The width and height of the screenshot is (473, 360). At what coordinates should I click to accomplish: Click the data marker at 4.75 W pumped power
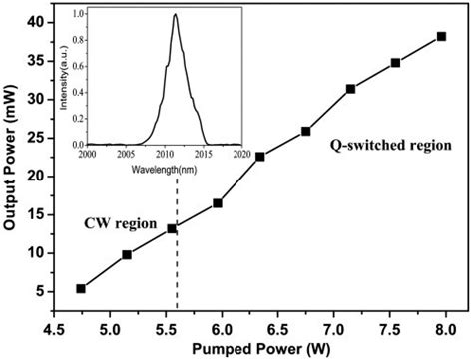(x=81, y=289)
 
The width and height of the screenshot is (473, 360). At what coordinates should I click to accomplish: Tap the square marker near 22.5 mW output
(x=260, y=157)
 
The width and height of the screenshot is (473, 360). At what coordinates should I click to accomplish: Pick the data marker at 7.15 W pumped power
(x=351, y=89)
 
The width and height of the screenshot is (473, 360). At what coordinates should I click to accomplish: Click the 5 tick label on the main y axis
(x=38, y=291)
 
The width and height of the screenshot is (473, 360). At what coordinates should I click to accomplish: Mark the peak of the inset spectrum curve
(x=176, y=15)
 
